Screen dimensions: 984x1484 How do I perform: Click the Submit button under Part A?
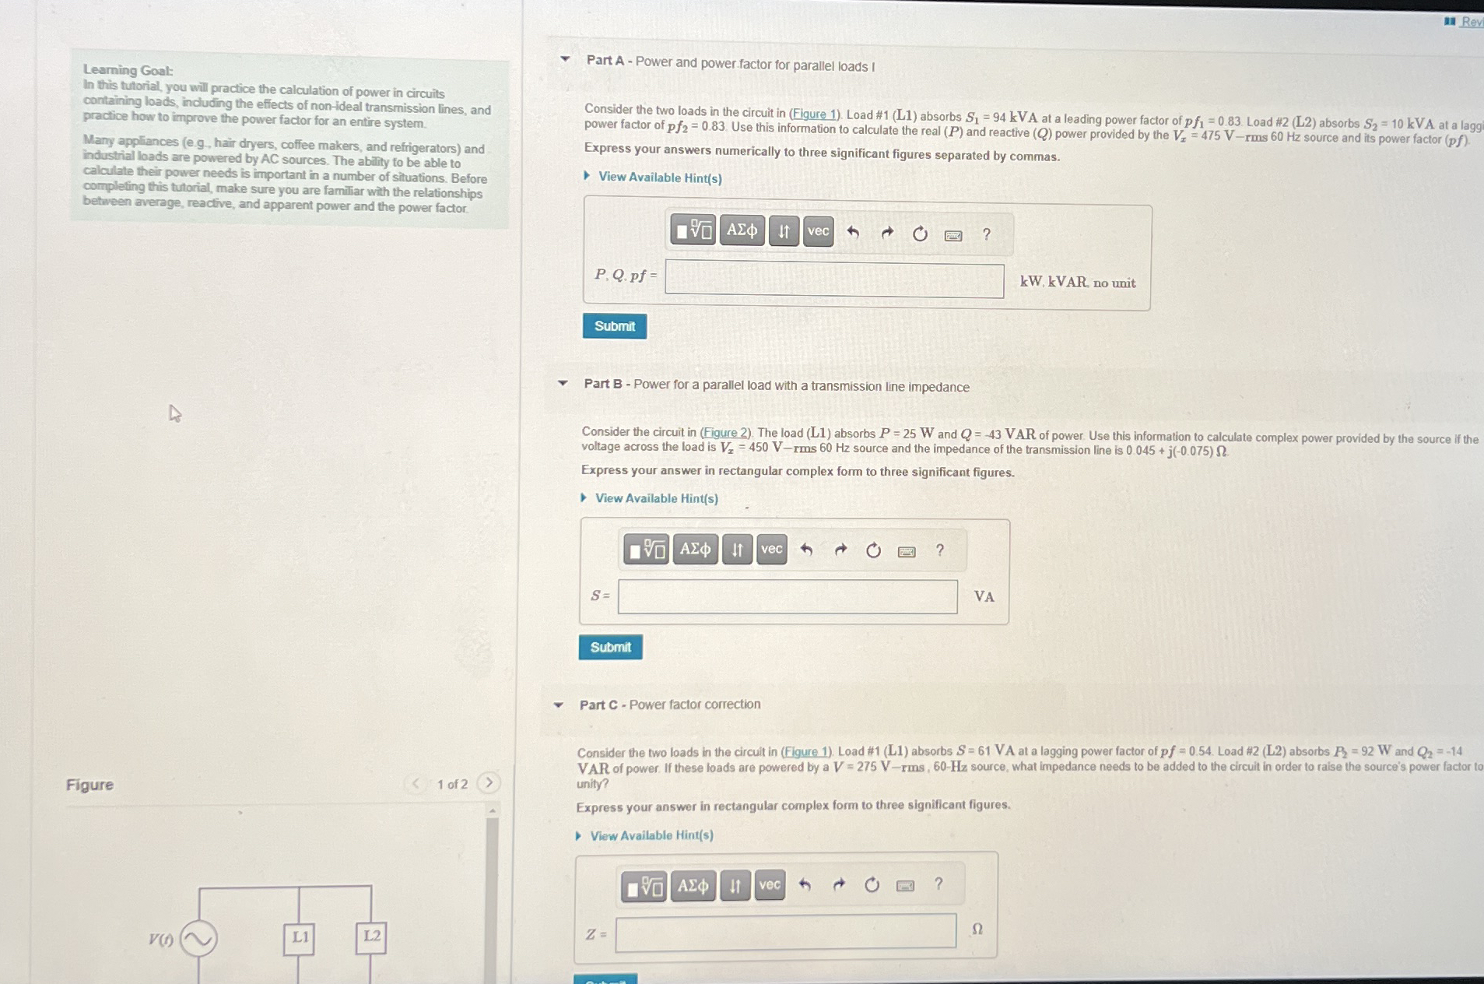pyautogui.click(x=614, y=326)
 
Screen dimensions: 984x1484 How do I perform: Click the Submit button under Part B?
pyautogui.click(x=610, y=647)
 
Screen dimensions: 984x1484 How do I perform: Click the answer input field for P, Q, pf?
pyautogui.click(x=834, y=281)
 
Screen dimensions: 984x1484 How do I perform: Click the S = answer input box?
pyautogui.click(x=788, y=597)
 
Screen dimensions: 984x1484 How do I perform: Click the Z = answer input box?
pyautogui.click(x=785, y=931)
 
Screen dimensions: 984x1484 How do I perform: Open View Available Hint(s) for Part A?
pyautogui.click(x=659, y=177)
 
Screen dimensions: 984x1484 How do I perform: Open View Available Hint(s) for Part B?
pyautogui.click(x=656, y=498)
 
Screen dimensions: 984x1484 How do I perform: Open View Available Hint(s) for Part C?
pyautogui.click(x=651, y=835)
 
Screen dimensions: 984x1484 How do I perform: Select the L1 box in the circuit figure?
pyautogui.click(x=300, y=937)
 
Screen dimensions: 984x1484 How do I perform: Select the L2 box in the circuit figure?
pyautogui.click(x=372, y=937)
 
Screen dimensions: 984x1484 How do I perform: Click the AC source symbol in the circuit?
pyautogui.click(x=198, y=939)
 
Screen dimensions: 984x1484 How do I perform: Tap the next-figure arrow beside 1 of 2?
pyautogui.click(x=489, y=782)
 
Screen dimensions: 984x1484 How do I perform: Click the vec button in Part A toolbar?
pyautogui.click(x=818, y=231)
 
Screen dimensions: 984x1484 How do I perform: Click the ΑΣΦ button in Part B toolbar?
pyautogui.click(x=694, y=550)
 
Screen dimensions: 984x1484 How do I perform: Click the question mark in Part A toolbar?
pyautogui.click(x=987, y=234)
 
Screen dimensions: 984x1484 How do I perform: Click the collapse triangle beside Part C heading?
pyautogui.click(x=558, y=705)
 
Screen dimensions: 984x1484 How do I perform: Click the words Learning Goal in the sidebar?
pyautogui.click(x=128, y=70)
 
